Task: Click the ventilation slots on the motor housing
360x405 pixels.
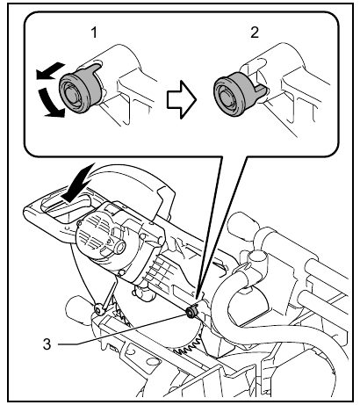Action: (x=158, y=264)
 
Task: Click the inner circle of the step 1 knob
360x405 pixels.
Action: (x=70, y=94)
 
